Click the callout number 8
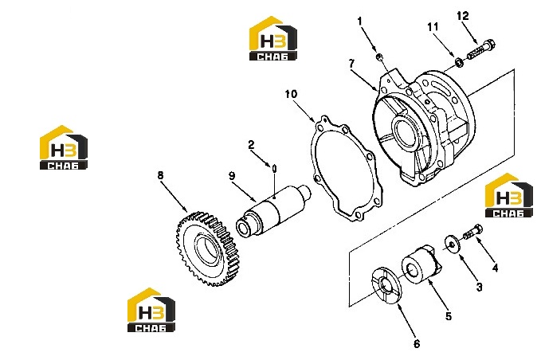pos(160,175)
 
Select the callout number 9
pos(232,176)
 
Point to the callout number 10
pos(291,94)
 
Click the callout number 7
pos(351,64)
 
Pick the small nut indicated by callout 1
pos(379,57)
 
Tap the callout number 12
pos(463,16)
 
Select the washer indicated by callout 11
pos(460,63)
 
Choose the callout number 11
pos(433,27)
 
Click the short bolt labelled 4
pos(473,232)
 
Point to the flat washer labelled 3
pos(451,245)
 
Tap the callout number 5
pos(449,316)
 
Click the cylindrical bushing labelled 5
pos(420,265)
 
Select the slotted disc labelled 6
pos(386,285)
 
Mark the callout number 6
pos(417,344)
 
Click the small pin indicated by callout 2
pos(274,168)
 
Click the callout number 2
pos(251,145)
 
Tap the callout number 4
pos(495,268)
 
